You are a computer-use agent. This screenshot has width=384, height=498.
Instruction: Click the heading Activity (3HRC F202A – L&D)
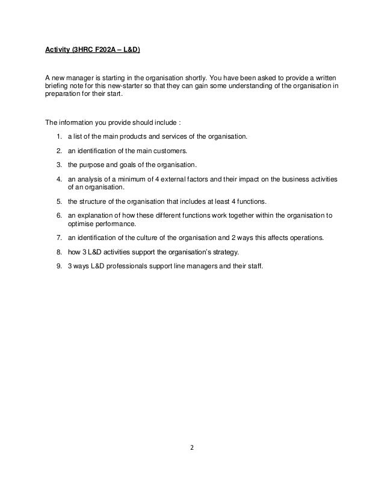(93, 59)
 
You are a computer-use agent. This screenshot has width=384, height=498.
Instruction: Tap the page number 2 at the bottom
(191, 448)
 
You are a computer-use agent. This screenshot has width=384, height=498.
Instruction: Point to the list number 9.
(59, 263)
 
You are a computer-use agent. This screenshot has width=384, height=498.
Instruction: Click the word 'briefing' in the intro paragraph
(57, 86)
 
